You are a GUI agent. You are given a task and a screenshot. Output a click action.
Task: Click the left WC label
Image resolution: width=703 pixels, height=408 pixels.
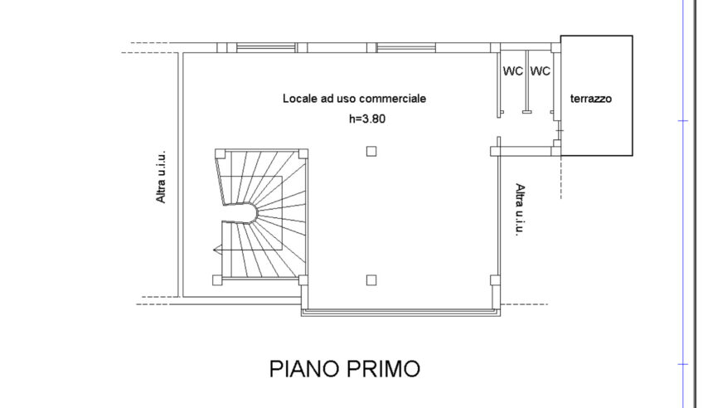click(x=513, y=71)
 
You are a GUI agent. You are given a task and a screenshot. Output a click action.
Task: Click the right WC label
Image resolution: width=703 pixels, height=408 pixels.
click(x=540, y=71)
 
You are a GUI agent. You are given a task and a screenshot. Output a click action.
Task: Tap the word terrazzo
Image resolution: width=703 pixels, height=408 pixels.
click(x=591, y=99)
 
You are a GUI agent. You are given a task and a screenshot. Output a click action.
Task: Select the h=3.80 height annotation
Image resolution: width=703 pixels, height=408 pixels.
click(x=367, y=119)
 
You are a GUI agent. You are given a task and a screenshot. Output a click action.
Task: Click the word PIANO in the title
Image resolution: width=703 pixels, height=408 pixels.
click(x=304, y=369)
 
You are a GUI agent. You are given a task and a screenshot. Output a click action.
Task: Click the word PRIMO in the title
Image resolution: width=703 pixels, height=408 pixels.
click(x=383, y=369)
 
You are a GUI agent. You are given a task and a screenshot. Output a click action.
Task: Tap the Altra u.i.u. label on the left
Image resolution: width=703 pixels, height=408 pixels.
click(x=161, y=177)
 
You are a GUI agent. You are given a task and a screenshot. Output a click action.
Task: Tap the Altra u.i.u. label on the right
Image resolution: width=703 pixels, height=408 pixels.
click(x=520, y=209)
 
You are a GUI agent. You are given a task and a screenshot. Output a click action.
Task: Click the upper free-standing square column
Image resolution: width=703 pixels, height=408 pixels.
click(x=371, y=152)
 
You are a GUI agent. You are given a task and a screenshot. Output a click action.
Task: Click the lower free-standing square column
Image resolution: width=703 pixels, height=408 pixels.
click(x=371, y=280)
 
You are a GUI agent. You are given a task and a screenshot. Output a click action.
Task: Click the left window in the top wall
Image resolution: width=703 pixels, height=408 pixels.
click(x=266, y=47)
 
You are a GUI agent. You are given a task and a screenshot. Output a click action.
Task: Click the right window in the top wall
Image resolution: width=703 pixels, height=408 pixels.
click(x=405, y=47)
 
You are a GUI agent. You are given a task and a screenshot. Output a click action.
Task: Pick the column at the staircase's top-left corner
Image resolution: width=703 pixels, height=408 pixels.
click(x=220, y=153)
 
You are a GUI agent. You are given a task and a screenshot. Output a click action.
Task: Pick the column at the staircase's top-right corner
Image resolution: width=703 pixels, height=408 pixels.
click(x=303, y=153)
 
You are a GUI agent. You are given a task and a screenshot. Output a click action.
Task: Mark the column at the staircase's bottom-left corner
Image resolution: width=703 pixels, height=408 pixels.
click(x=217, y=280)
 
